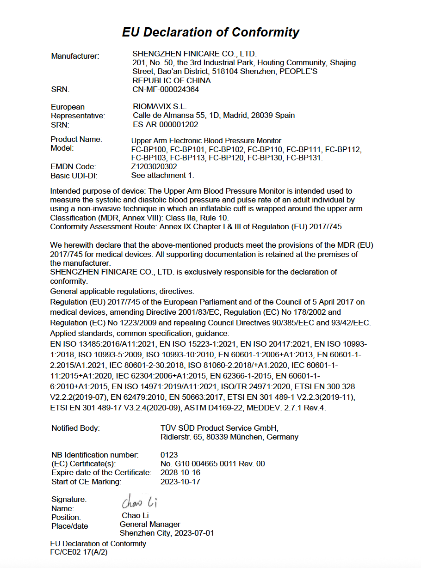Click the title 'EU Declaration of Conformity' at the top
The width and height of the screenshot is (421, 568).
pyautogui.click(x=210, y=32)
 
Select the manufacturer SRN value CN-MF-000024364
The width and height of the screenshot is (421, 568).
pyautogui.click(x=166, y=89)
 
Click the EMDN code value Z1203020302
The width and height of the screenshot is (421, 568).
pyautogui.click(x=154, y=166)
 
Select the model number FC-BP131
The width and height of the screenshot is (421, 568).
pyautogui.click(x=304, y=158)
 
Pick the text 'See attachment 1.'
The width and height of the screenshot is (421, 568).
pyautogui.click(x=162, y=175)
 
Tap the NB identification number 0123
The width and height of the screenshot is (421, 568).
pyautogui.click(x=169, y=455)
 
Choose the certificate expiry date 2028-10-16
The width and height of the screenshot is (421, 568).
pyautogui.click(x=180, y=472)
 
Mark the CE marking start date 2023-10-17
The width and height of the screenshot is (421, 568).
pyautogui.click(x=180, y=482)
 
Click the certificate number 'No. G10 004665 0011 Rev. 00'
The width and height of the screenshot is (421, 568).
pyautogui.click(x=212, y=464)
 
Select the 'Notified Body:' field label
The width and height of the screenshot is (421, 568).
pyautogui.click(x=75, y=428)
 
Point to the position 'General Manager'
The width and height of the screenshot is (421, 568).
pyautogui.click(x=150, y=524)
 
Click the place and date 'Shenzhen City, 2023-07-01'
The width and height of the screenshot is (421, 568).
pyautogui.click(x=167, y=533)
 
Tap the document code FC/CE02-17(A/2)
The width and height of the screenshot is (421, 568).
pyautogui.click(x=79, y=552)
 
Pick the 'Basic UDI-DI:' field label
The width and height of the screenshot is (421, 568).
pyautogui.click(x=74, y=175)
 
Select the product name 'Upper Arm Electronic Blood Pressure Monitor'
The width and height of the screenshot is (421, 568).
pyautogui.click(x=206, y=140)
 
